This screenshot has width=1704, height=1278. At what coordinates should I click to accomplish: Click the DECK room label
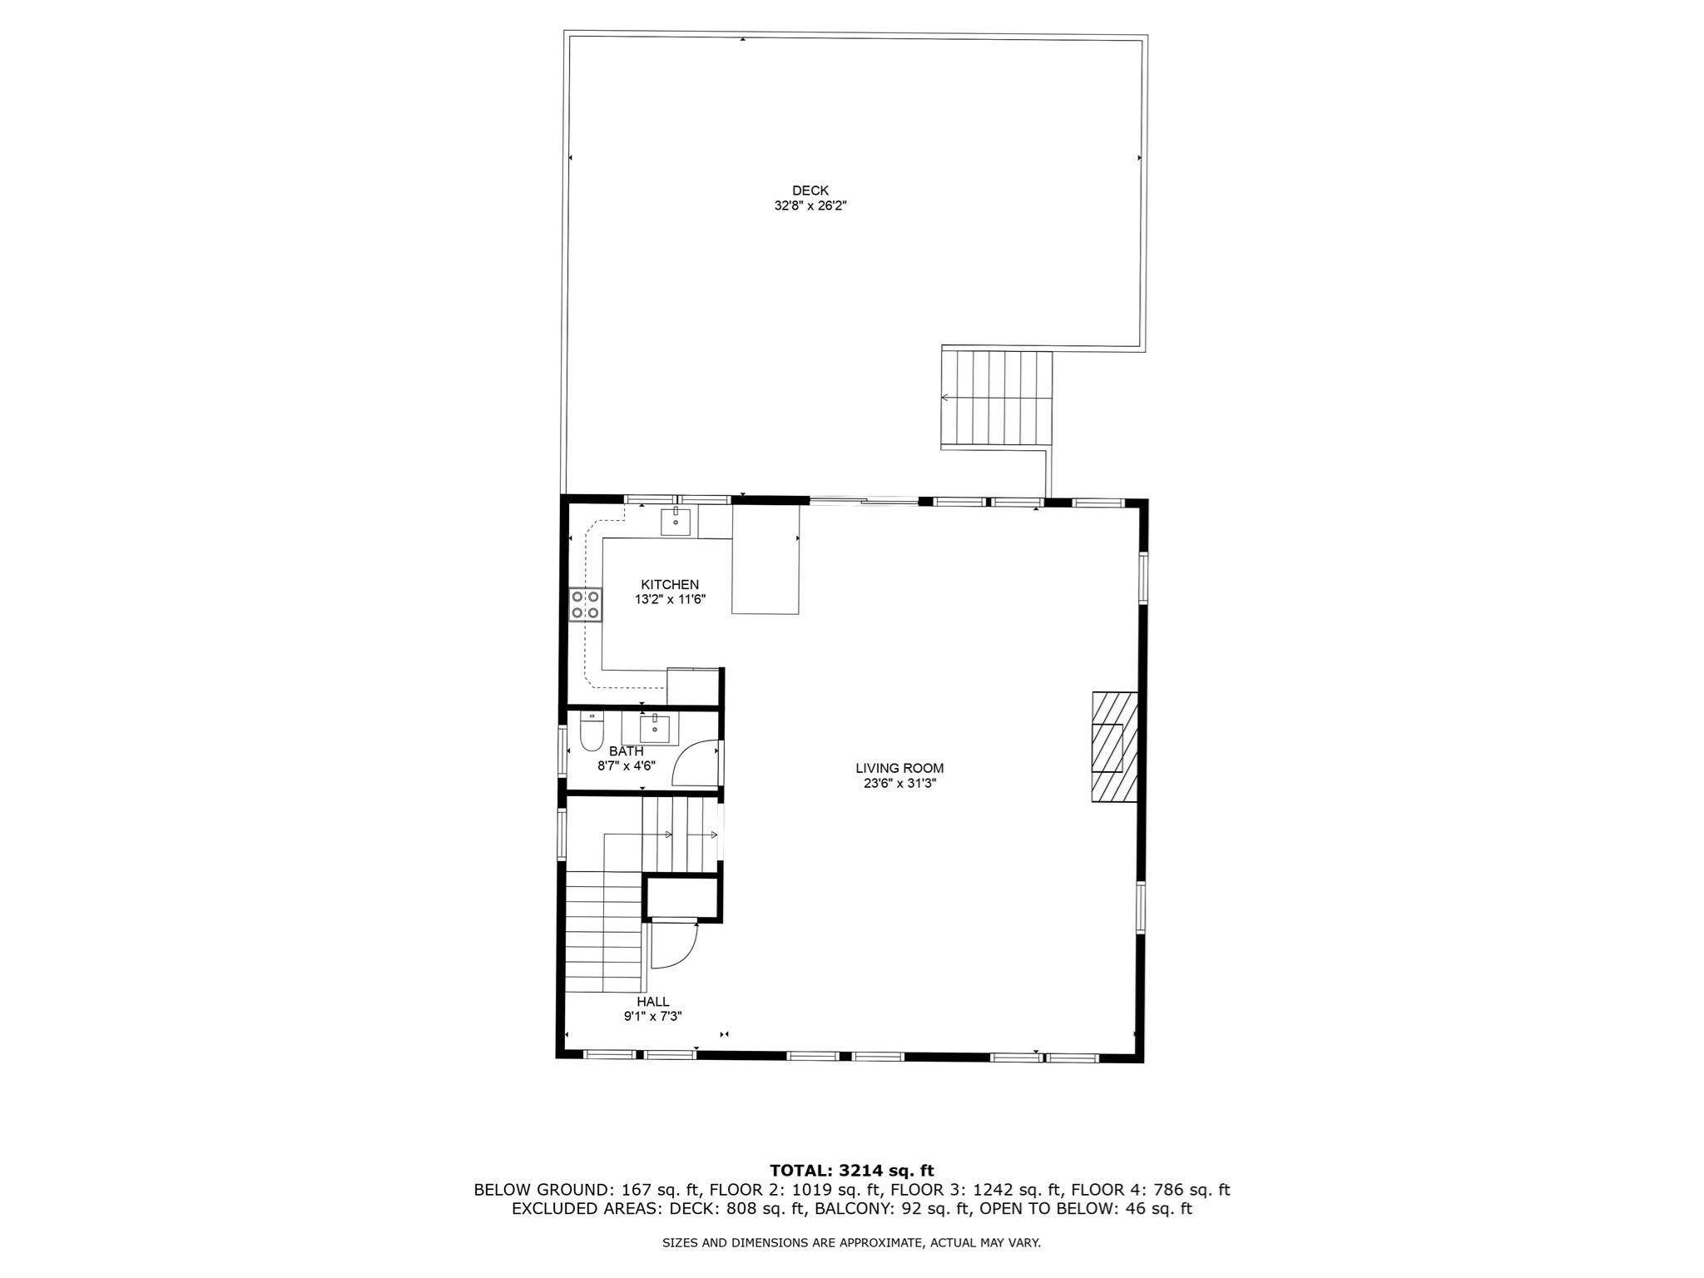point(810,191)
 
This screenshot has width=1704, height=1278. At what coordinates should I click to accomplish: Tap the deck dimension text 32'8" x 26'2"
point(810,205)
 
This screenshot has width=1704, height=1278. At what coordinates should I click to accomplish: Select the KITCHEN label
point(670,585)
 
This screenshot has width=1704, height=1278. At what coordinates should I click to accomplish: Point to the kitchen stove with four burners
point(586,604)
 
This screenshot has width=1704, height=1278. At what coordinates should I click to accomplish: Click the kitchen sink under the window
point(675,522)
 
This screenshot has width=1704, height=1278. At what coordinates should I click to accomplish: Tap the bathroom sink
point(655,728)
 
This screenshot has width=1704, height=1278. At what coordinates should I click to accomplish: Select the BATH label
point(626,751)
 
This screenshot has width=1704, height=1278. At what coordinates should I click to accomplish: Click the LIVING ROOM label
point(899,768)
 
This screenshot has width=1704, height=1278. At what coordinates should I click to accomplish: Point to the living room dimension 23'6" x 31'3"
point(899,783)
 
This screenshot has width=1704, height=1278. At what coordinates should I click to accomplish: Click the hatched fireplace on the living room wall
point(1114,746)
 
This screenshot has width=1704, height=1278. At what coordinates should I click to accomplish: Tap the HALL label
point(653,1002)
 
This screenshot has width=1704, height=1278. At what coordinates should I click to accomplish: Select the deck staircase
point(997,399)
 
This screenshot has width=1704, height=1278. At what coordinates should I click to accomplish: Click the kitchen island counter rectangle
point(765,560)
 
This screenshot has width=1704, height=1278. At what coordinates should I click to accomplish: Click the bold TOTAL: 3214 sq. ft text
point(852,1171)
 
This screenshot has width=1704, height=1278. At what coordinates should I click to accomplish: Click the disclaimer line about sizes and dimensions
point(851,1243)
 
